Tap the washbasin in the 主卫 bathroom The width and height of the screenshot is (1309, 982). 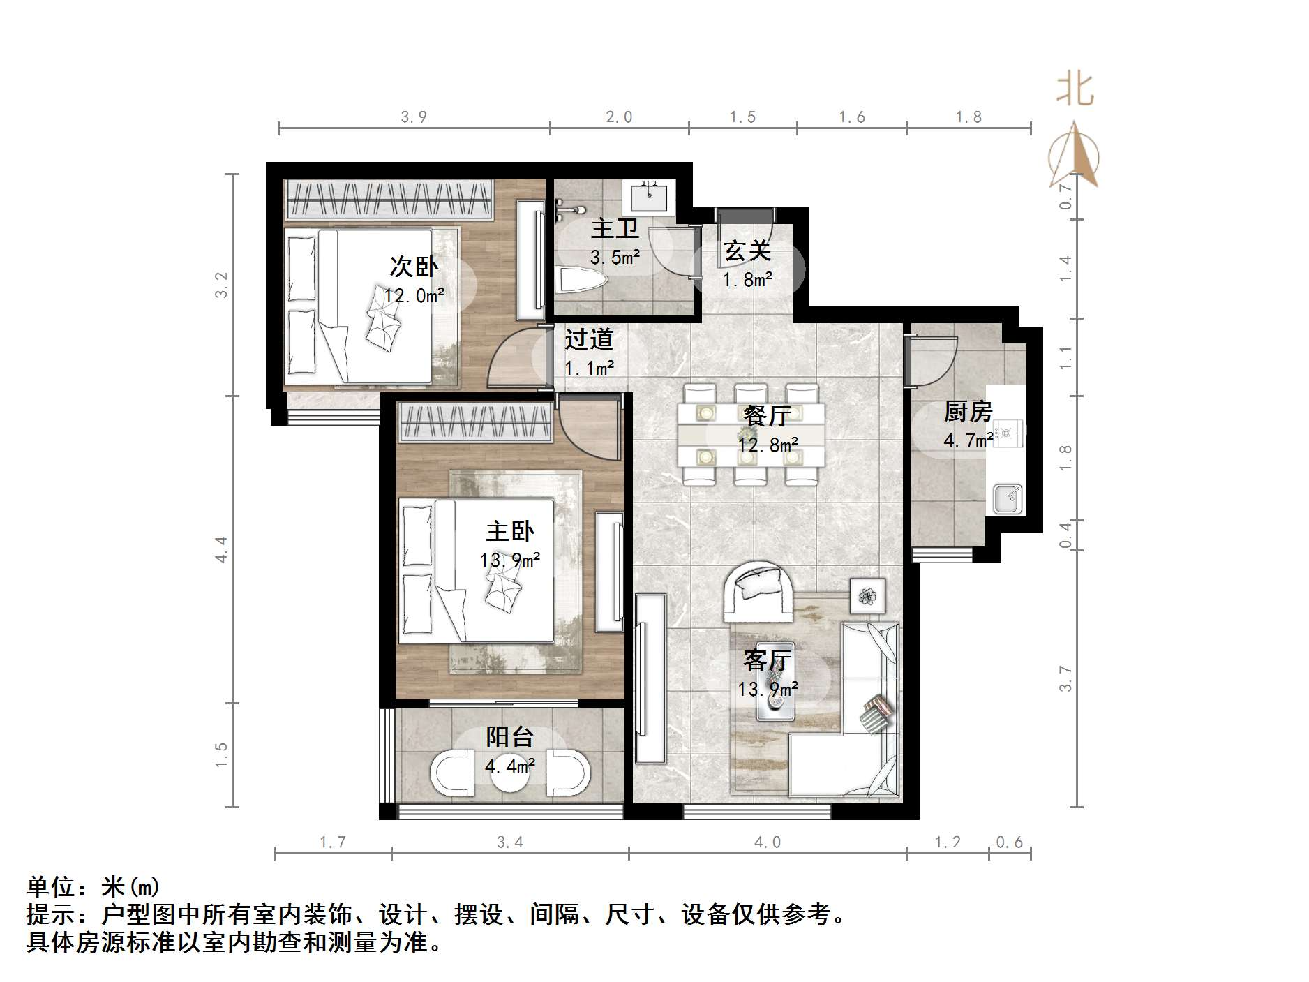pos(652,195)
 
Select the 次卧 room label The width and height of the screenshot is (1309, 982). pos(413,267)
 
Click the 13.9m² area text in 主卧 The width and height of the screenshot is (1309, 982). pos(510,560)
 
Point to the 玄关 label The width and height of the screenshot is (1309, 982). pos(747,251)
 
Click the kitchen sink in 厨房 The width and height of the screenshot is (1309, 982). pos(1007,498)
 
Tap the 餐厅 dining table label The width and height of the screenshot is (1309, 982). pos(767,417)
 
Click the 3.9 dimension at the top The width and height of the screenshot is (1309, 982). pos(414,117)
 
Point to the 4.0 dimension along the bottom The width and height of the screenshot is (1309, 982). pos(768,842)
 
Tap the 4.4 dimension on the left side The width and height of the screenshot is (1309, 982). pos(221,549)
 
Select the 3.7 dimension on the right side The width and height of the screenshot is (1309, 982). pos(1065,678)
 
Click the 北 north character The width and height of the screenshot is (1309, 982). pos(1075,90)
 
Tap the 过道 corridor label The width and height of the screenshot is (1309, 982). pos(589,340)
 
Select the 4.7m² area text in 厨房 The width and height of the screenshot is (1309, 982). pos(968,440)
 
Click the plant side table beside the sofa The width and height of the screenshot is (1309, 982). pos(867,595)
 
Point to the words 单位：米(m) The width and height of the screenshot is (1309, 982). pos(93,887)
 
